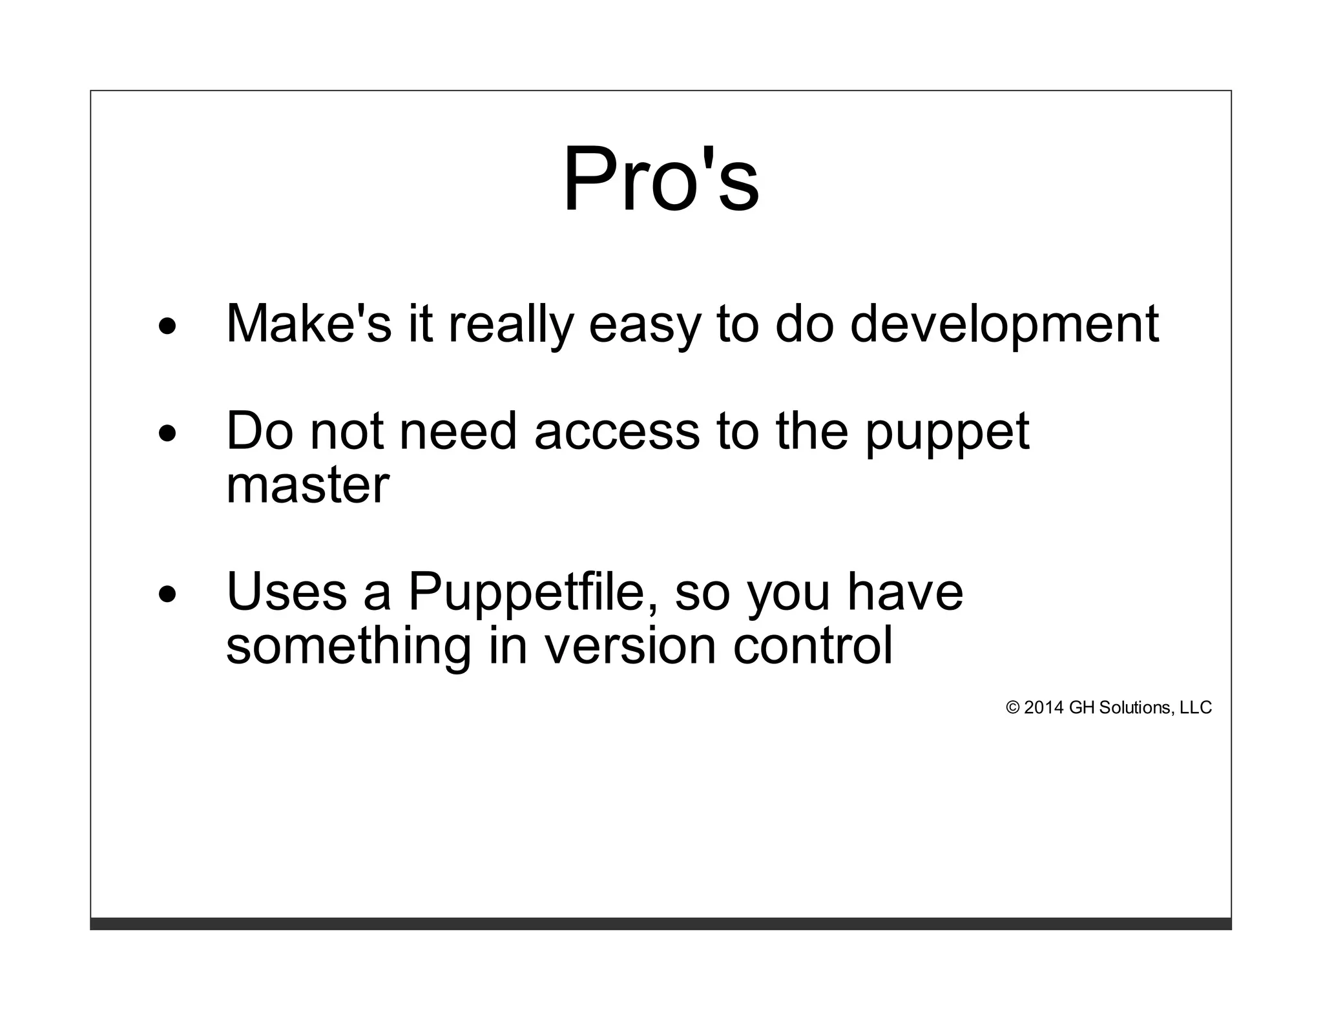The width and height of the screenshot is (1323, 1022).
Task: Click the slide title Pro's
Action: [x=661, y=179]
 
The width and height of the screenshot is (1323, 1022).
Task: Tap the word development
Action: [x=1004, y=325]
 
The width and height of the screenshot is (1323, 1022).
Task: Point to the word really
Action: [x=511, y=325]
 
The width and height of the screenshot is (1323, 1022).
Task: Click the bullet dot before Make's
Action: [x=167, y=327]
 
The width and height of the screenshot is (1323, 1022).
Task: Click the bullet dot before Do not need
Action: [x=167, y=434]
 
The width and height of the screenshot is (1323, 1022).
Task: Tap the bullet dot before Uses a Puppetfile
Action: [x=167, y=594]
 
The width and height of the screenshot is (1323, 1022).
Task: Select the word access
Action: [x=617, y=432]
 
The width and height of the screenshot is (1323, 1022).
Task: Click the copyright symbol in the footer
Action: [x=1012, y=708]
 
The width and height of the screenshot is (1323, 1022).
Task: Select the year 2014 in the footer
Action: [x=1043, y=708]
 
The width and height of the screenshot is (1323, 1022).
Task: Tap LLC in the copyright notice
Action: [x=1196, y=708]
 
